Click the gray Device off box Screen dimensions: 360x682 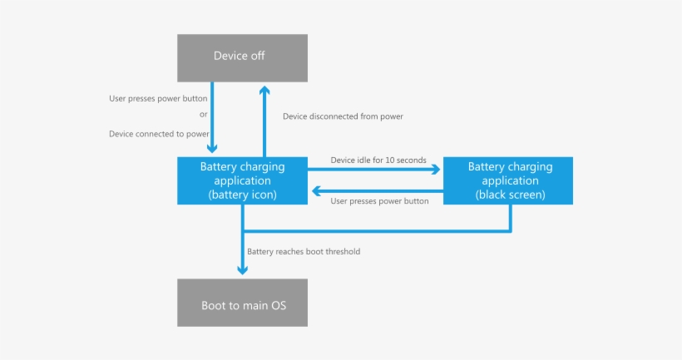[243, 57]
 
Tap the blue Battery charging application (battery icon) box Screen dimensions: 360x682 [243, 180]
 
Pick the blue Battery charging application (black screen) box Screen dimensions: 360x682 [510, 180]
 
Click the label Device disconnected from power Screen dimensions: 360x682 [343, 116]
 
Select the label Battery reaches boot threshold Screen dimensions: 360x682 [304, 251]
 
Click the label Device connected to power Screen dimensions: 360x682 [159, 133]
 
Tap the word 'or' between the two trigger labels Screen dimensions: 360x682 [204, 116]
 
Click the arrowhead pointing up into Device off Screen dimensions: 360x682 [264, 90]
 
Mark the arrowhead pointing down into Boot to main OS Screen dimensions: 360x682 [243, 269]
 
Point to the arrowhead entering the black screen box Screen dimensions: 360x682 [435, 170]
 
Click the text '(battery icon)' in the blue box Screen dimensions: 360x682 [243, 195]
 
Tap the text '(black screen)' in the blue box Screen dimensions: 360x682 [510, 195]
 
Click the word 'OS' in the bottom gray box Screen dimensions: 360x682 [276, 306]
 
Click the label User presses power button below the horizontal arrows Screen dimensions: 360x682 [379, 201]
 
